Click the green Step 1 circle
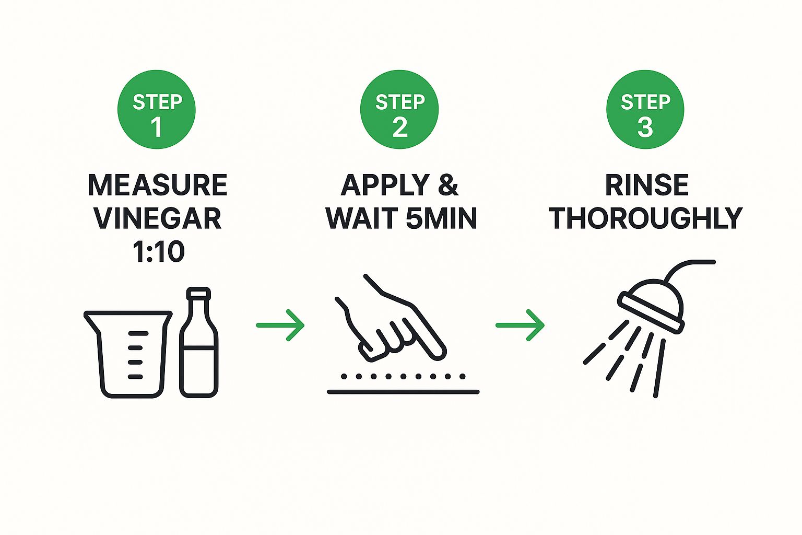(157, 109)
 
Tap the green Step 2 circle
(399, 109)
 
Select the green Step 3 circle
(645, 109)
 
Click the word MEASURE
(158, 185)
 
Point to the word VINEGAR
(158, 218)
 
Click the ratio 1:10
(159, 251)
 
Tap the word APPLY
(385, 185)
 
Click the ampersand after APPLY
(448, 185)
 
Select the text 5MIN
(441, 218)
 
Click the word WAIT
(362, 218)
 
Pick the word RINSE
(646, 185)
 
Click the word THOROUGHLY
(645, 218)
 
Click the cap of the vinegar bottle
(199, 294)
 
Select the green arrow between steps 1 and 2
(280, 325)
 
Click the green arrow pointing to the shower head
(520, 325)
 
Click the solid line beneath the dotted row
(403, 392)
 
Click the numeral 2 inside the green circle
(400, 127)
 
